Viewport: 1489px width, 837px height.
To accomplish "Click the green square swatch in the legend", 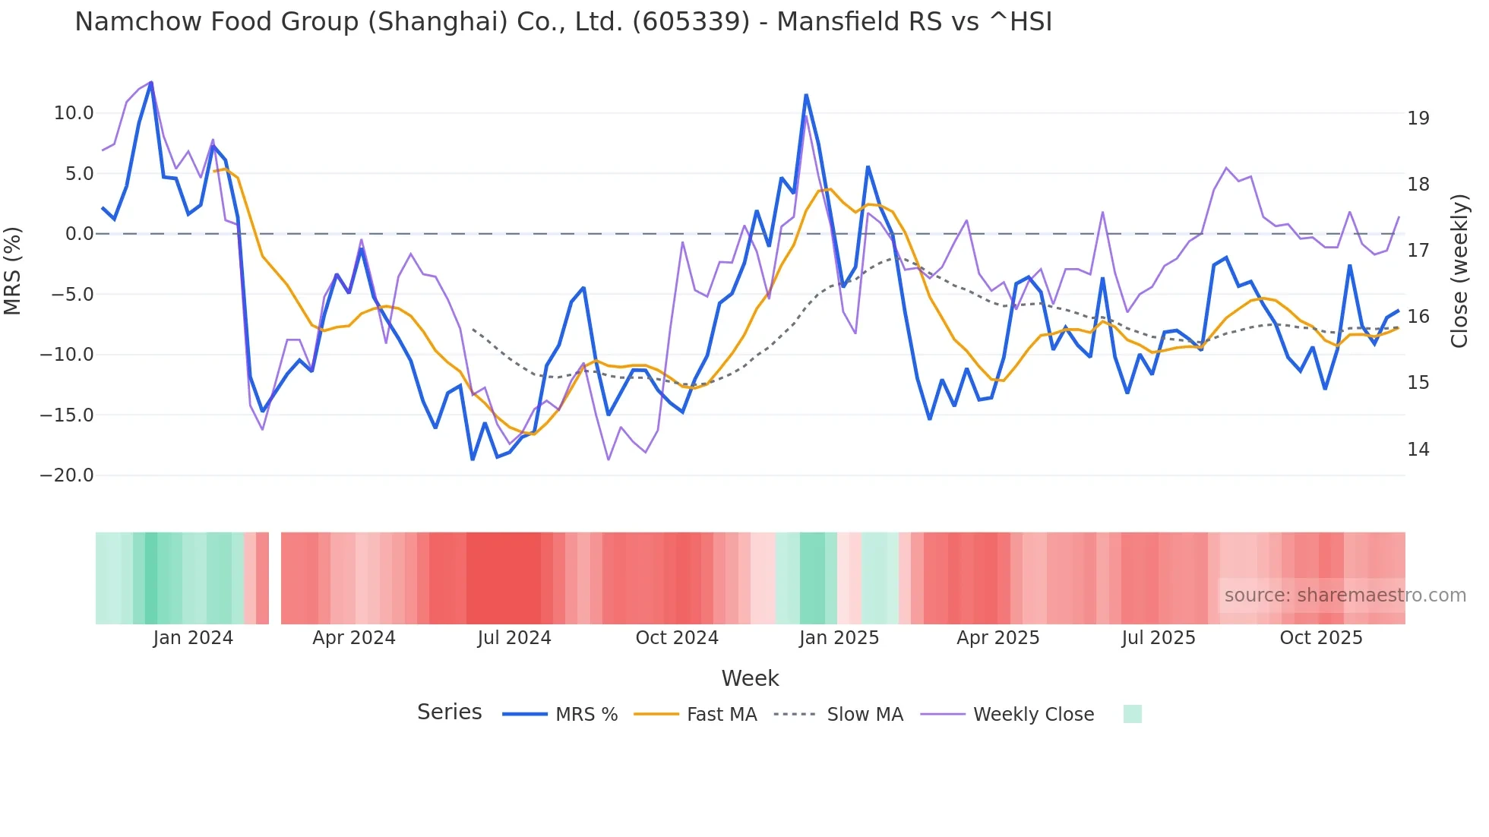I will click(1132, 714).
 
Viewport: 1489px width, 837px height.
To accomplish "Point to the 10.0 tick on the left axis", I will click(74, 113).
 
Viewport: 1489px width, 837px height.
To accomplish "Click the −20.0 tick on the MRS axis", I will click(68, 475).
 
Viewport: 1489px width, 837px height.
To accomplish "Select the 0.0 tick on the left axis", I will click(79, 234).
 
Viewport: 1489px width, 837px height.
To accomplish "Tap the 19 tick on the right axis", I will click(1418, 118).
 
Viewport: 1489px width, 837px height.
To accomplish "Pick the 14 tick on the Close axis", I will click(1418, 450).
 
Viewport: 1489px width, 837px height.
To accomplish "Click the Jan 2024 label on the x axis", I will click(193, 638).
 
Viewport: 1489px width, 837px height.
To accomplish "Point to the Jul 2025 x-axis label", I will click(1158, 638).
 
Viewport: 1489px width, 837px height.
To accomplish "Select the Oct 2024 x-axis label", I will click(676, 638).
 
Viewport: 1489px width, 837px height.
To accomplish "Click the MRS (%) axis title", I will click(13, 271).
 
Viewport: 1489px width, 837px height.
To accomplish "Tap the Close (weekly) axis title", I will click(1459, 271).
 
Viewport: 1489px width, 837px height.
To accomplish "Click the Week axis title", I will click(750, 678).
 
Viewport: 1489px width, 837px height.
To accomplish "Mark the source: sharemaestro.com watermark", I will click(1345, 595).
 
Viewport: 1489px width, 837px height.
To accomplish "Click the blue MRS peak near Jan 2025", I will click(806, 96).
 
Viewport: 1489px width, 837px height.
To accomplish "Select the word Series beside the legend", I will click(449, 712).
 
